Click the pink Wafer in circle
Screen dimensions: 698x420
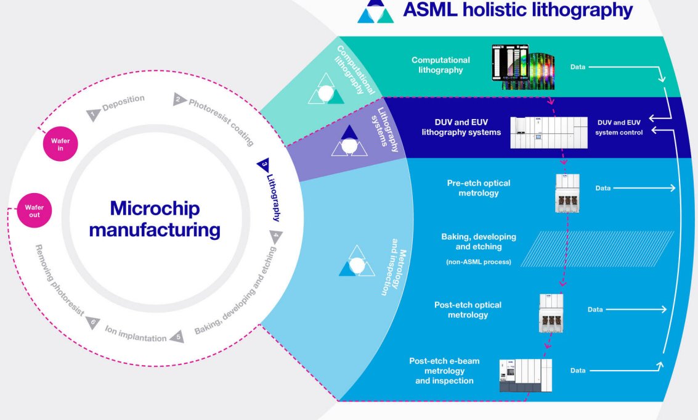click(60, 144)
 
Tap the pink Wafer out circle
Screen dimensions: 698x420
click(34, 210)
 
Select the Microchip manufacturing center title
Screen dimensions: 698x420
click(155, 219)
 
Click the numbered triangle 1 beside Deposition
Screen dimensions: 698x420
click(92, 115)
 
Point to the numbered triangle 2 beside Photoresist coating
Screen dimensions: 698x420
click(179, 99)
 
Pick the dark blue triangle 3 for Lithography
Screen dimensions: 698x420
click(264, 165)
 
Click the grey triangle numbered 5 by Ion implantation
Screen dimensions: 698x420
click(177, 337)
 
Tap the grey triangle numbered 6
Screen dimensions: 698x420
click(92, 323)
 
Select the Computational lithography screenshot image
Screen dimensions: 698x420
click(523, 67)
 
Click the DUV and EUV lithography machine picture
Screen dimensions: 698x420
click(549, 133)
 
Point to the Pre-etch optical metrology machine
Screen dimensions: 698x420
click(567, 193)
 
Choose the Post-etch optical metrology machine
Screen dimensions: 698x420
click(551, 313)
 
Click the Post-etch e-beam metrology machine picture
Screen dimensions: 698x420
click(526, 376)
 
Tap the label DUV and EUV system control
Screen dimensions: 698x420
click(619, 128)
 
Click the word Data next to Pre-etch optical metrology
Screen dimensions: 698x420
click(603, 188)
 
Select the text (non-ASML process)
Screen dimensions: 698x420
click(479, 261)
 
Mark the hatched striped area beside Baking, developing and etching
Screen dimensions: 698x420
click(598, 249)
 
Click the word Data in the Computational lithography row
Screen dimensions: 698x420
click(578, 67)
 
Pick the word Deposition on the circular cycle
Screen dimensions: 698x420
click(123, 102)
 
